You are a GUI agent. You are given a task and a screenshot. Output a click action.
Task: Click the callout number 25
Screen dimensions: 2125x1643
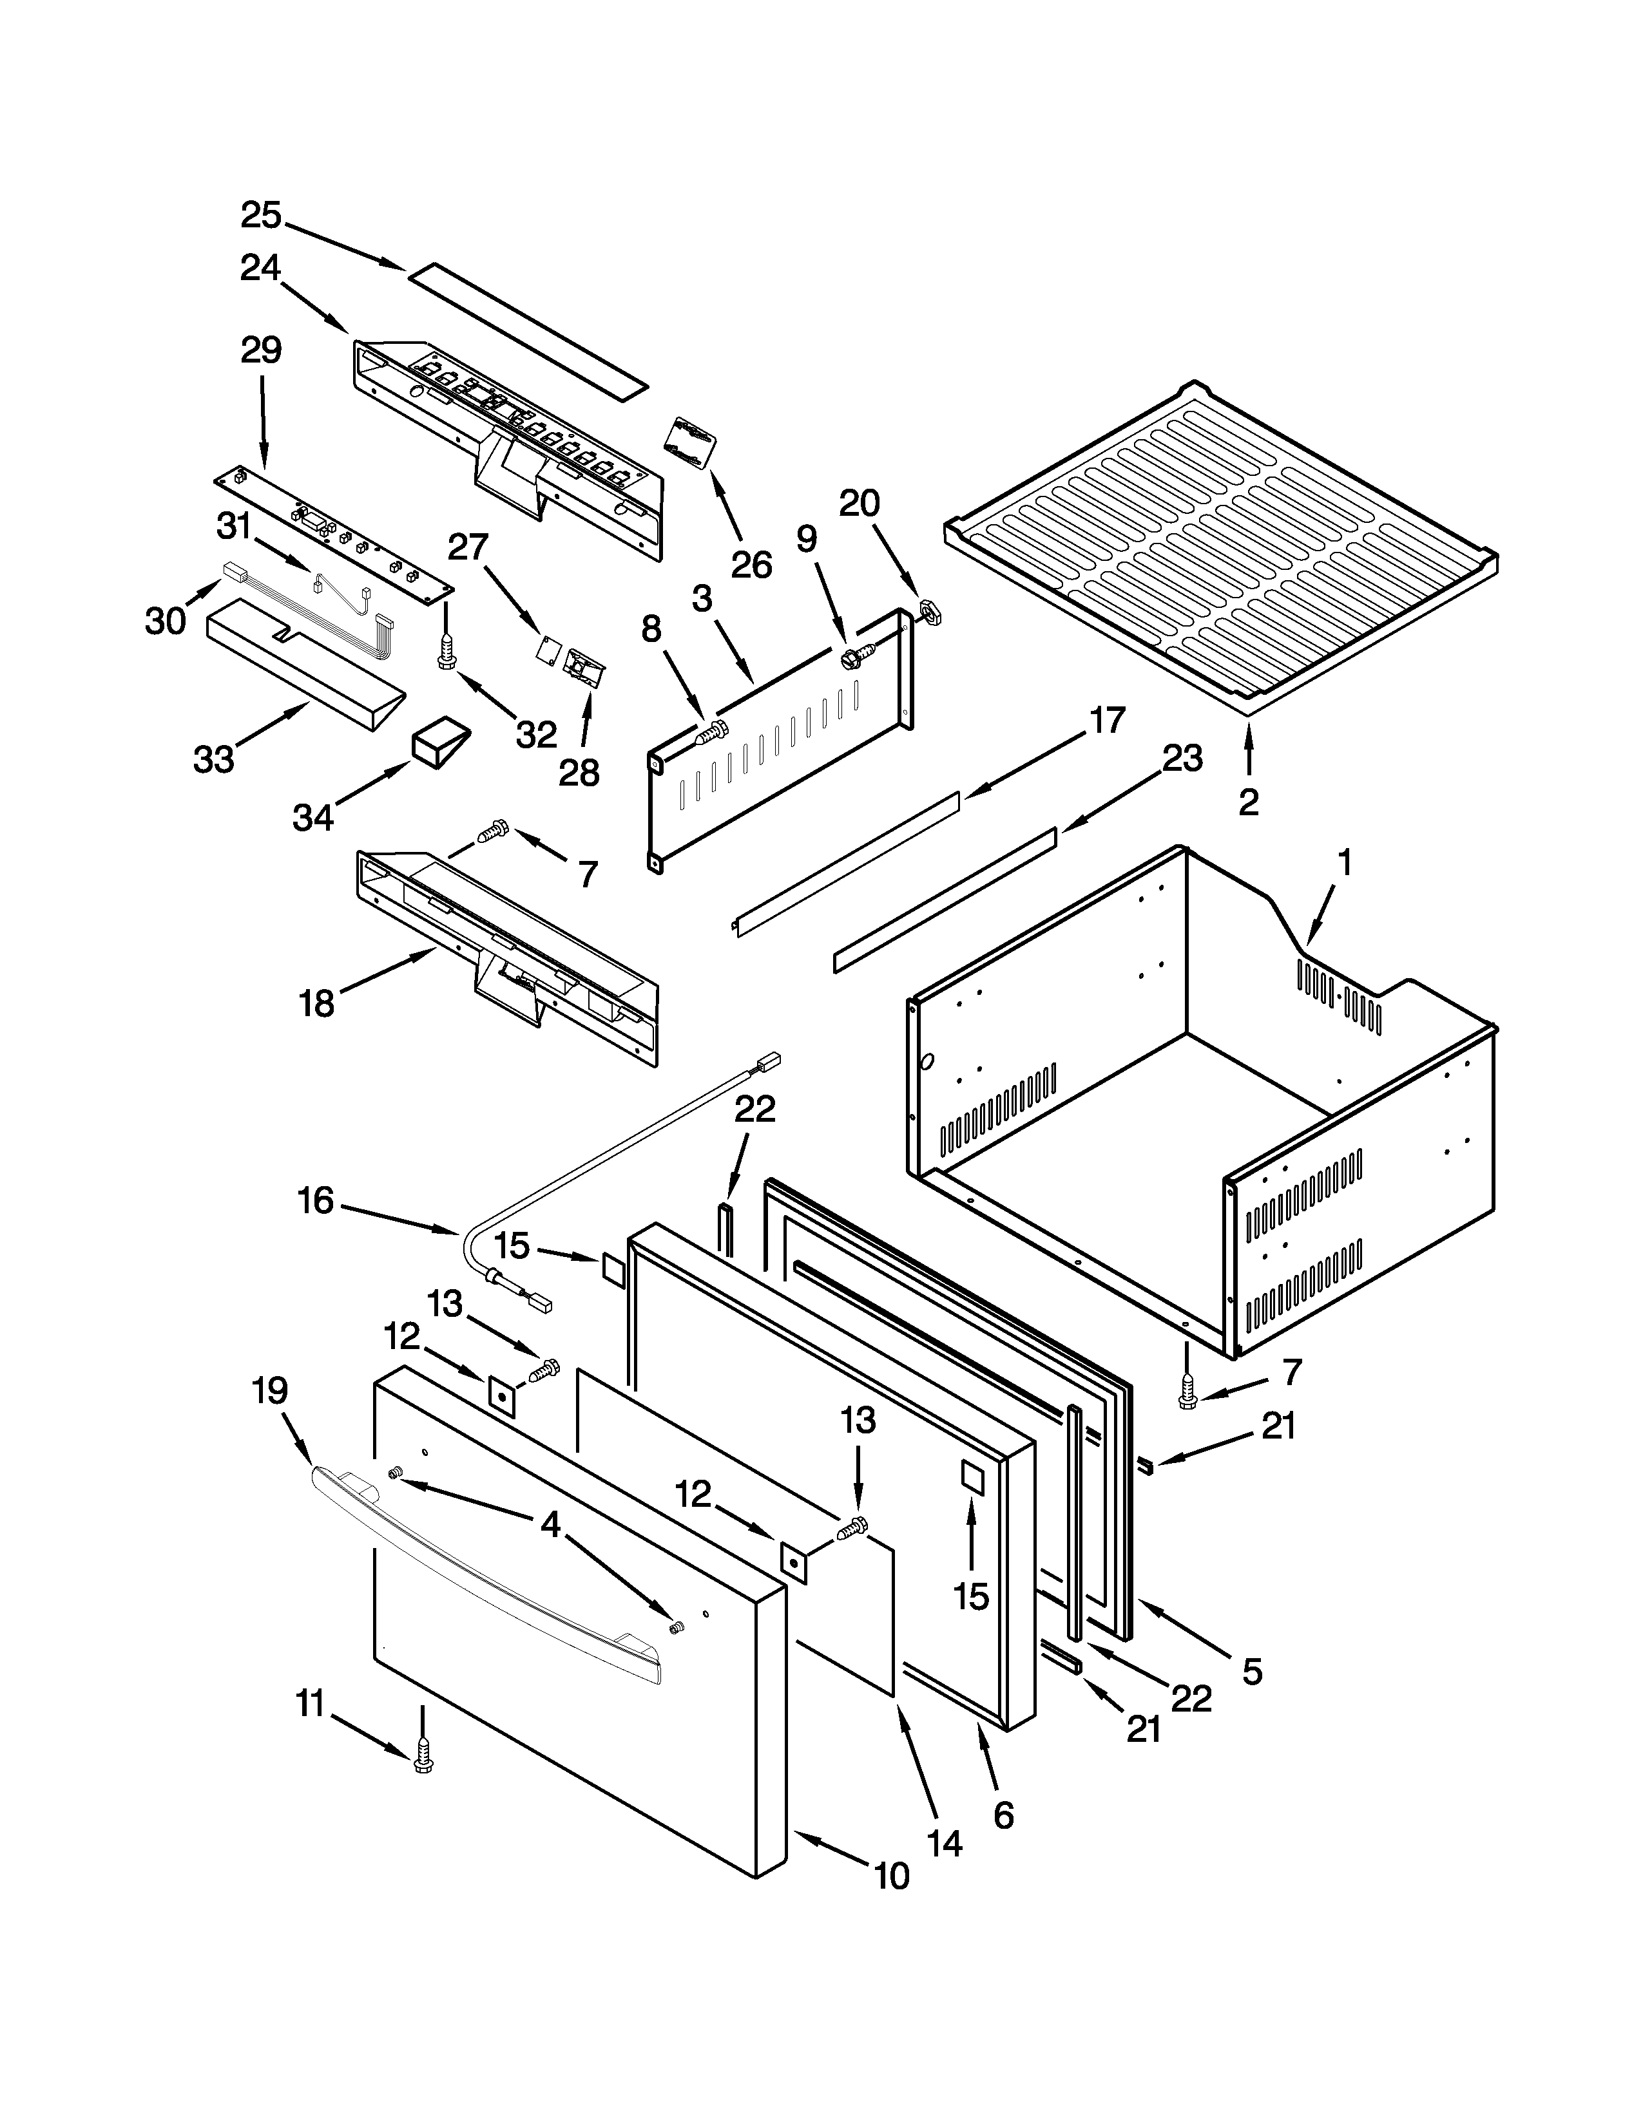[261, 216]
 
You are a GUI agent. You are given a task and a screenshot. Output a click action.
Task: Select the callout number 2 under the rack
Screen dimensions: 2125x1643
[1248, 802]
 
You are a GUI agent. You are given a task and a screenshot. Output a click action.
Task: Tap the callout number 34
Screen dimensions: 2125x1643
[312, 817]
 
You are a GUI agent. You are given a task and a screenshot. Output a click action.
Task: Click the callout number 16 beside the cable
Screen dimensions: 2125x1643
[316, 1201]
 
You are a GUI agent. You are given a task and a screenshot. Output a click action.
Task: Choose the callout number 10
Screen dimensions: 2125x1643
[892, 1876]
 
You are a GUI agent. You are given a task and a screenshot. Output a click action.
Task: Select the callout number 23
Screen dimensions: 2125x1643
[1182, 757]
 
